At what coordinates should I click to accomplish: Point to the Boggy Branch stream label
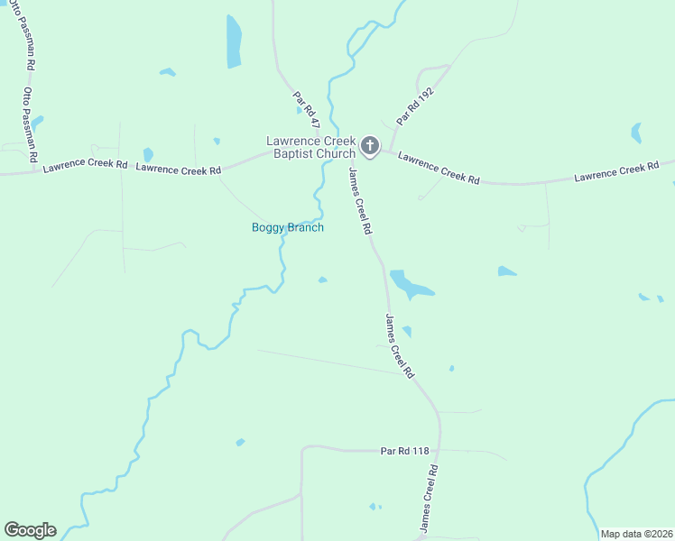[x=287, y=227]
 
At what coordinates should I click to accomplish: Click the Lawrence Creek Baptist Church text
[x=310, y=147]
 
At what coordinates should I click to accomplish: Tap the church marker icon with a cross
[x=370, y=145]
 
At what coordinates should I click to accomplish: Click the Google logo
[x=30, y=530]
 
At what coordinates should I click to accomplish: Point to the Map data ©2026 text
[x=636, y=534]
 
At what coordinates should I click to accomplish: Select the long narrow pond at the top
[x=234, y=41]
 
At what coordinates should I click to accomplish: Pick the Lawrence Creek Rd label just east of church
[x=439, y=168]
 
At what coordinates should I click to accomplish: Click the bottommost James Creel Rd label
[x=429, y=498]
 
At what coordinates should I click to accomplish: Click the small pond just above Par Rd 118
[x=240, y=442]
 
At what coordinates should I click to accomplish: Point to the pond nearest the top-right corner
[x=636, y=133]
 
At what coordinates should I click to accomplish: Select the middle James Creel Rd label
[x=399, y=345]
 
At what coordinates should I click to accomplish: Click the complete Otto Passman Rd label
[x=30, y=124]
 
